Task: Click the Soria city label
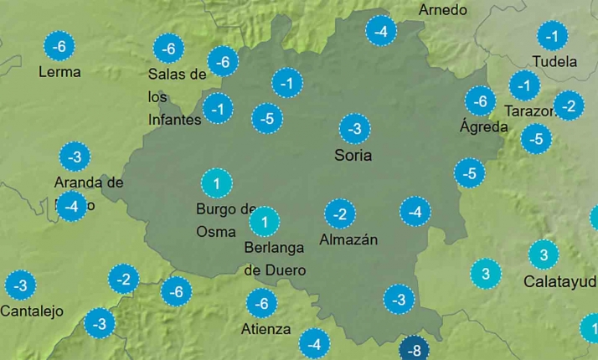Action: tap(353, 155)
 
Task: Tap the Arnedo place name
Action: tap(442, 10)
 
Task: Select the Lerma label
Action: tap(59, 72)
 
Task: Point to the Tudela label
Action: tap(554, 61)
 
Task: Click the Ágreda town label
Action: tap(484, 127)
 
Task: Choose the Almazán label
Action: tap(348, 239)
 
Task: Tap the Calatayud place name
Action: tap(559, 281)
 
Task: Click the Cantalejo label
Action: tap(32, 311)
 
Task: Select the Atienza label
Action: tap(265, 329)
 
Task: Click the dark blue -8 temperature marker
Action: tap(414, 350)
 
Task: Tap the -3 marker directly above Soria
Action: tap(355, 129)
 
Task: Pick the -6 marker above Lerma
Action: tap(59, 46)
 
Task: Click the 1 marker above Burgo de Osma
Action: tap(217, 183)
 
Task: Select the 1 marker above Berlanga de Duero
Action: tap(265, 222)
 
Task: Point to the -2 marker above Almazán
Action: tap(339, 213)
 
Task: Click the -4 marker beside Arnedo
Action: tap(382, 32)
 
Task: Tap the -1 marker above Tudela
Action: tap(551, 36)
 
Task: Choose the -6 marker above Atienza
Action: tap(262, 303)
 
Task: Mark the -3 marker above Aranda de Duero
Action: tap(75, 157)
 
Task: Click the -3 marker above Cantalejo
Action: tap(21, 285)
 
